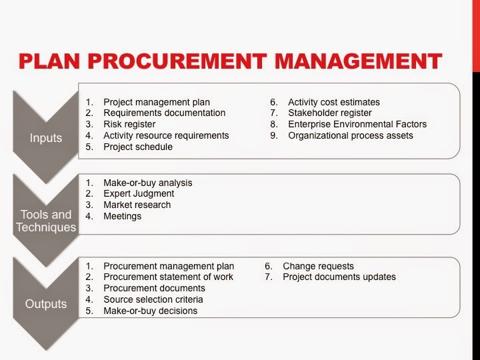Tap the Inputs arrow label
coord(45,138)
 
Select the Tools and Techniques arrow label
coord(45,221)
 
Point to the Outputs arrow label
coord(45,304)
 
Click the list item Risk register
coord(129,124)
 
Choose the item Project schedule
coord(138,147)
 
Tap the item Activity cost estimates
coord(333,102)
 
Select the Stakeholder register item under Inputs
coord(330,113)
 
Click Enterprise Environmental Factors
coord(357,124)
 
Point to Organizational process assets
coord(350,135)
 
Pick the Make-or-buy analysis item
coord(147,183)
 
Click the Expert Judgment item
coord(138,194)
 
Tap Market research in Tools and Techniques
coord(137,205)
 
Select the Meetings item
coord(122,216)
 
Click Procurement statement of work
coord(168,277)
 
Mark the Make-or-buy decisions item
coord(150,311)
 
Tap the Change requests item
coord(318,266)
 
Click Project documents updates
coord(339,277)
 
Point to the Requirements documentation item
coord(164,113)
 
